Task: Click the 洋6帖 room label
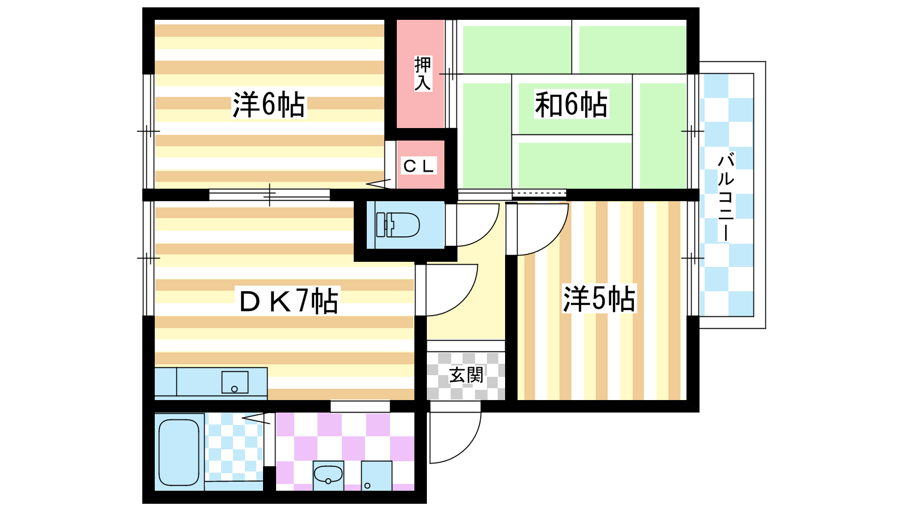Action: point(269,105)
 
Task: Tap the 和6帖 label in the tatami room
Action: point(571,104)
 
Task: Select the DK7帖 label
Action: point(289,300)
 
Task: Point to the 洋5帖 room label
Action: point(599,299)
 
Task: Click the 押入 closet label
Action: point(423,74)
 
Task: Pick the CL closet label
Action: point(418,165)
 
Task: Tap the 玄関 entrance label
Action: point(466,375)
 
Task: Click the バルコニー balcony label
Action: point(726,197)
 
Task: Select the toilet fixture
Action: point(397,224)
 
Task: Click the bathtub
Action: point(179,452)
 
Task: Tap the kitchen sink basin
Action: point(235,382)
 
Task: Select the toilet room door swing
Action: point(472,224)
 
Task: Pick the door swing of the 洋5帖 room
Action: point(537,229)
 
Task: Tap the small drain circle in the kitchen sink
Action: point(235,389)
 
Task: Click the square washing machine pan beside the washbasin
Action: point(376,475)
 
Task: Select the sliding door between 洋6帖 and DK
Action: point(269,195)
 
